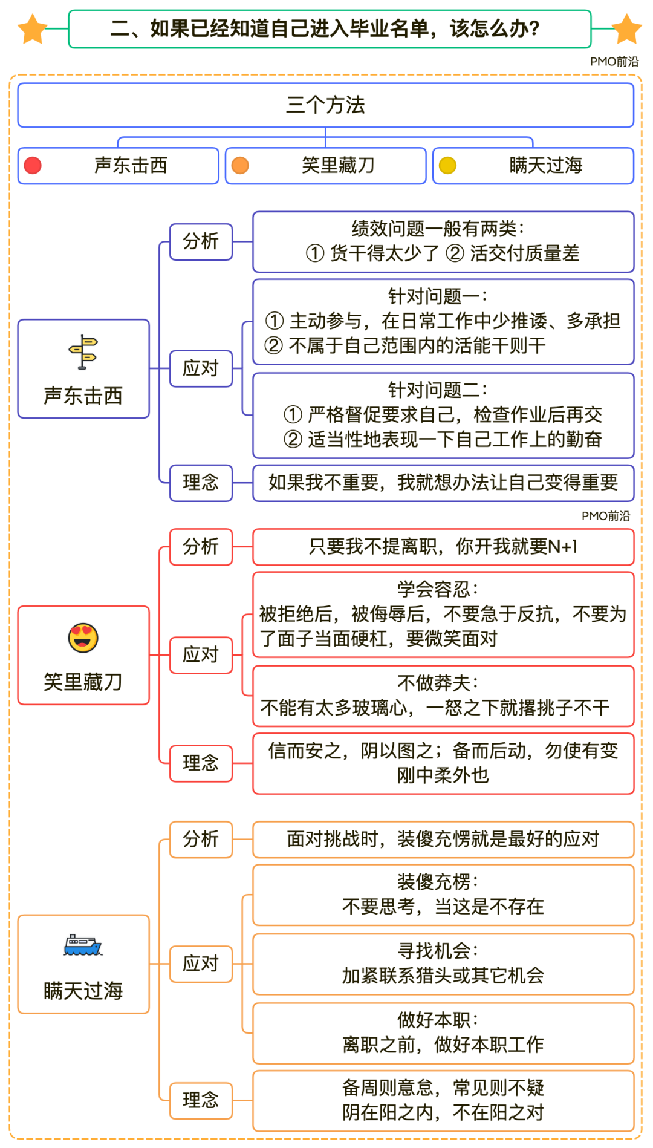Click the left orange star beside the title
[x=32, y=29]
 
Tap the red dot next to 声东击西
[x=33, y=165]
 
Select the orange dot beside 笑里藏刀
[x=240, y=165]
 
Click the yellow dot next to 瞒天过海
[x=447, y=165]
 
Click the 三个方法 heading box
[x=325, y=105]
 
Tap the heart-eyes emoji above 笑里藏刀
[x=83, y=638]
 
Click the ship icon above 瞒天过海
[x=83, y=945]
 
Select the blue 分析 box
[x=201, y=241]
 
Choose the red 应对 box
[x=201, y=654]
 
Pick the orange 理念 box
[x=201, y=1100]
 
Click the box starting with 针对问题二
[x=443, y=415]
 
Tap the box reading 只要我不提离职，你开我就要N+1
[x=443, y=547]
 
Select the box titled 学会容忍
[x=443, y=614]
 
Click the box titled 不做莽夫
[x=443, y=696]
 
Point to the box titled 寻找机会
[x=443, y=964]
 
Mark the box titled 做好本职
[x=443, y=1032]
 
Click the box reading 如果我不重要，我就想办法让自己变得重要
[x=443, y=483]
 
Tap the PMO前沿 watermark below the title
[x=614, y=62]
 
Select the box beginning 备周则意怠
[x=443, y=1100]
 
